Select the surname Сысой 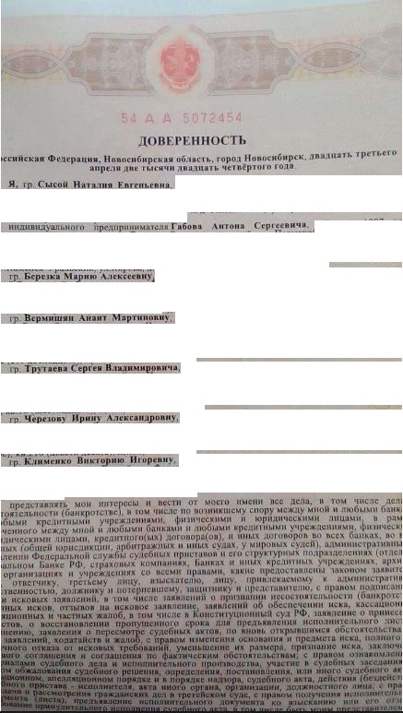coord(55,184)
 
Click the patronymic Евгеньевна coord(143,184)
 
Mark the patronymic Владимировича coord(137,367)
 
